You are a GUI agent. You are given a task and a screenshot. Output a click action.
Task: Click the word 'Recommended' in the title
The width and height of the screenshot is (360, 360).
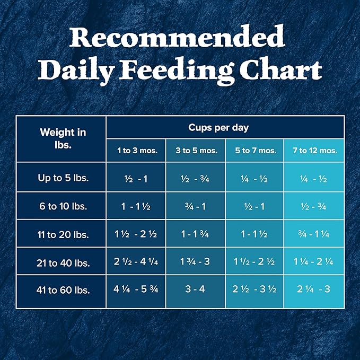177,38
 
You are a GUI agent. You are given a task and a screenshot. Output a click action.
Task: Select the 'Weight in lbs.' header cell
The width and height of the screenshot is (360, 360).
63,138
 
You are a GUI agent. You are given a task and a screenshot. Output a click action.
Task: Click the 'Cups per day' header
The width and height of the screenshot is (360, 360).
225,128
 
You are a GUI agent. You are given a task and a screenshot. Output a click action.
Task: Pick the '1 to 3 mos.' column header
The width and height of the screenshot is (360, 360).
137,151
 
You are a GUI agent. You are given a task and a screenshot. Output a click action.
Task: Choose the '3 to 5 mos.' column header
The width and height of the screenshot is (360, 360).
196,151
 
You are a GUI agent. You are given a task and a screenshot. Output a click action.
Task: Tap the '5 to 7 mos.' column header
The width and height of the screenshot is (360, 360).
256,151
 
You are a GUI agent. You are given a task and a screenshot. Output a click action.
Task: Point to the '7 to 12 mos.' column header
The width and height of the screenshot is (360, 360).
314,151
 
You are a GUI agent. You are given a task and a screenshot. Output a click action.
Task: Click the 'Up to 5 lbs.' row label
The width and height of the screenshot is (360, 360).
63,178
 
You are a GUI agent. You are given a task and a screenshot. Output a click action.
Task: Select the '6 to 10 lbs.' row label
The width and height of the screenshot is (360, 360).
63,206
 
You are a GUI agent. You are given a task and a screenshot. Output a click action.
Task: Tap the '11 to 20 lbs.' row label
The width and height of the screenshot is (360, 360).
63,234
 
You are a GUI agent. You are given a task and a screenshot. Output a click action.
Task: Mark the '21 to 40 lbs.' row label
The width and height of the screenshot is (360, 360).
63,262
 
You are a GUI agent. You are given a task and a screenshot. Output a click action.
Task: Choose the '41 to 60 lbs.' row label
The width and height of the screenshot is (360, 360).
63,291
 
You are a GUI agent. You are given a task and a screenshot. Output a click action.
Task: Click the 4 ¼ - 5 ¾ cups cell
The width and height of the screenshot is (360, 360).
137,291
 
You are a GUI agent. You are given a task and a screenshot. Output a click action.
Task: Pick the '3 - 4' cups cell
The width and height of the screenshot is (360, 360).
196,291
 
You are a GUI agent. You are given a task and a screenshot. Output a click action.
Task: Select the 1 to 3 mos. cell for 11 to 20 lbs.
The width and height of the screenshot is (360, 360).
137,234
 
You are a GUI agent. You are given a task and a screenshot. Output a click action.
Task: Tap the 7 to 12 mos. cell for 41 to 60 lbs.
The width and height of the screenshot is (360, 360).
314,291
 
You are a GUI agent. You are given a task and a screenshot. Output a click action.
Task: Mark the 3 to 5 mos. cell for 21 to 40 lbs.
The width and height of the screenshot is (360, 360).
196,262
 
